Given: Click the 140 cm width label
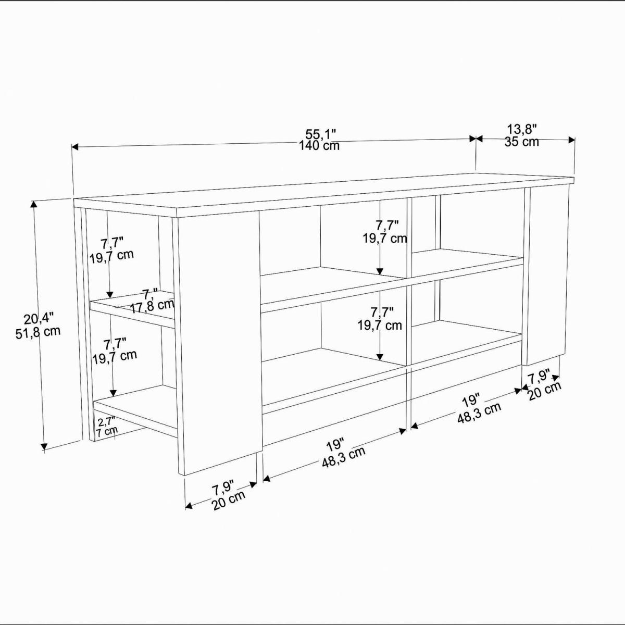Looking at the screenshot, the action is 319,146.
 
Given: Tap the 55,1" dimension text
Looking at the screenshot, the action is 320,134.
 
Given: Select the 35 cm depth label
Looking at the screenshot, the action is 521,142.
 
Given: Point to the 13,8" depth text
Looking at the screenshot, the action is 522,130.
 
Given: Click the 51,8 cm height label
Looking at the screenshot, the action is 38,333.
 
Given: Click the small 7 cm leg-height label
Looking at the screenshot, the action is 106,432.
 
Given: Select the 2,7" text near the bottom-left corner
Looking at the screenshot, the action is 107,422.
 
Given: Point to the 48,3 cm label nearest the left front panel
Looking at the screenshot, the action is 344,457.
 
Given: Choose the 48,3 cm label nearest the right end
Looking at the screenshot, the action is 479,413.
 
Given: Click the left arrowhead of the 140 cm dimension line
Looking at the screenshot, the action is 75,147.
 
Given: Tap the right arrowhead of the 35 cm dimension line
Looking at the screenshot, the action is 571,140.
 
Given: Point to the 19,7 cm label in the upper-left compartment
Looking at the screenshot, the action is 111,255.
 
